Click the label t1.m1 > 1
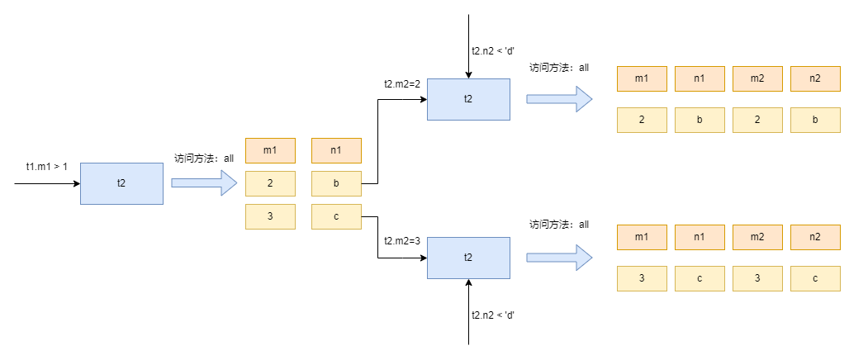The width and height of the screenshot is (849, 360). coord(46,167)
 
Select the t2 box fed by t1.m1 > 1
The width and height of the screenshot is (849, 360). coord(121,182)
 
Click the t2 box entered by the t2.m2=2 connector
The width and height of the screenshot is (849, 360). coord(467,99)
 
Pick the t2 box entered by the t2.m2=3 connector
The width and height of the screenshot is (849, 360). coord(467,257)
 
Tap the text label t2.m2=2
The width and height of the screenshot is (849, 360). coord(402,83)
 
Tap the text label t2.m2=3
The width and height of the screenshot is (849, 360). coord(402,241)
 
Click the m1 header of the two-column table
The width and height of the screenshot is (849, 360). coord(270,150)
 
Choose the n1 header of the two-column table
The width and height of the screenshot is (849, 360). coord(336,150)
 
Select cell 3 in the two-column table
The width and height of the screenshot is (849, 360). coord(270,216)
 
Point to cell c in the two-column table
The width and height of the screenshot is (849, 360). coord(336,216)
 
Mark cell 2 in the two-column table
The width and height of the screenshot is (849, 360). coord(270,183)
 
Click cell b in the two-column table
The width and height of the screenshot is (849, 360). coord(336,183)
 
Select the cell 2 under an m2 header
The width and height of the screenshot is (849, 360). coord(757,120)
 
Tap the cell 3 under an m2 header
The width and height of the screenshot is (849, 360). coord(757,278)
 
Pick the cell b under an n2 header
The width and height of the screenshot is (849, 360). coord(815,120)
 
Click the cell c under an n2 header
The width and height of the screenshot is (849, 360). coord(815,278)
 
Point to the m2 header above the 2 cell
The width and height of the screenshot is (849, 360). coord(757,78)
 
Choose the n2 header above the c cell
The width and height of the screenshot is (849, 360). coord(815,237)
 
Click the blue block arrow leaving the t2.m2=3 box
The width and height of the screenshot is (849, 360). coord(559,257)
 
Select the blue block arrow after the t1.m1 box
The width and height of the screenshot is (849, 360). coord(203,182)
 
